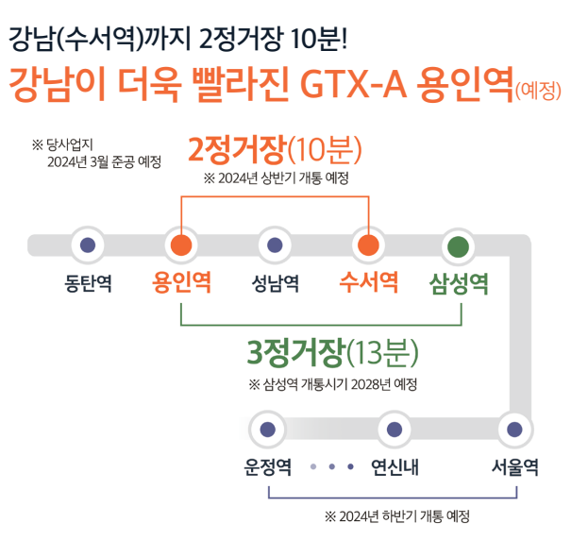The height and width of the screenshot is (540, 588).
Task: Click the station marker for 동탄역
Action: pos(89,245)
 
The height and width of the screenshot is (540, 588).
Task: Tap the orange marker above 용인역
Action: pos(181,245)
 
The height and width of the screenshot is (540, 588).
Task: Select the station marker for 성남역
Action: pos(275,245)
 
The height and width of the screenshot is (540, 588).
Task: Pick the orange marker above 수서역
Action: pos(368,245)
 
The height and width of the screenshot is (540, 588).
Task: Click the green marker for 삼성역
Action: pos(460,245)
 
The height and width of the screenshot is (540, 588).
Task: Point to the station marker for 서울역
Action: pos(514,429)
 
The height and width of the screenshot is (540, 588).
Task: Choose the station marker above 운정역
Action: pos(268,429)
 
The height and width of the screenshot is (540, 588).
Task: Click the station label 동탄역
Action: pos(89,283)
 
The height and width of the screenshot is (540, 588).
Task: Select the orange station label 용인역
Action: pos(181,283)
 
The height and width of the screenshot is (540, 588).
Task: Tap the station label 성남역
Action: pos(275,283)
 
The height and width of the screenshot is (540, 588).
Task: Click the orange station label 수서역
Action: pos(368,283)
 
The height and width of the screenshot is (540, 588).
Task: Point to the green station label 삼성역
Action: pos(460,283)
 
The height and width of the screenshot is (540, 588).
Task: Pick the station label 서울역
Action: pos(514,467)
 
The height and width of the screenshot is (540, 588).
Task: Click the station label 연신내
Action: pos(395,467)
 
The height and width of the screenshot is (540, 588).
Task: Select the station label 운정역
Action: pos(268,467)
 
